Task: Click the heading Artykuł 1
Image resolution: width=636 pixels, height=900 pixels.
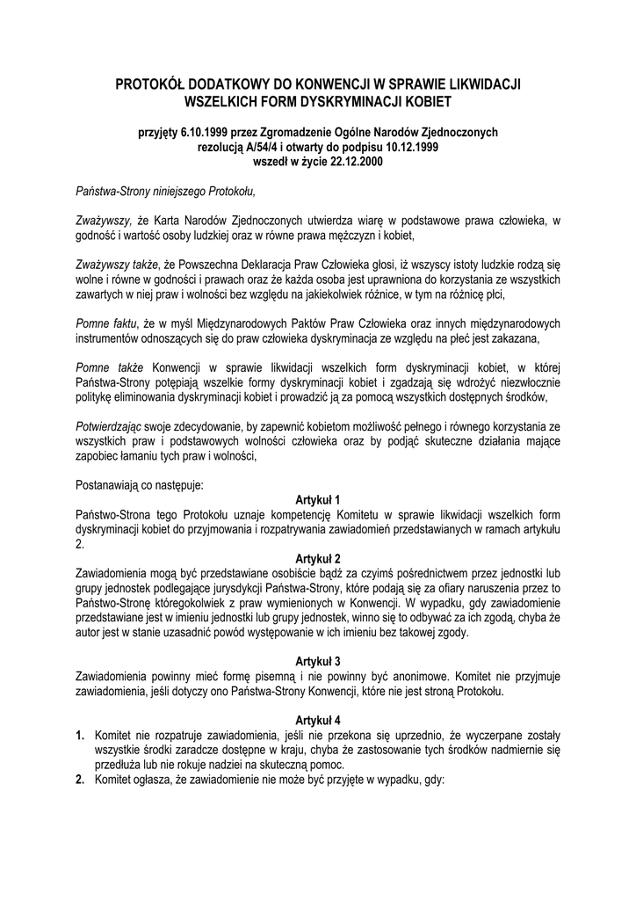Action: click(x=318, y=498)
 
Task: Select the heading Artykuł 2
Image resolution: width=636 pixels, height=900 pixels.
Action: click(x=318, y=558)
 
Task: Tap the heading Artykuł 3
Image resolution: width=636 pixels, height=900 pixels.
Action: click(x=318, y=660)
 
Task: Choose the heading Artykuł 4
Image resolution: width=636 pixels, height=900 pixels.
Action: click(x=318, y=718)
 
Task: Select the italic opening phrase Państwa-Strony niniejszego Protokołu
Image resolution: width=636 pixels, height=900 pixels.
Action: click(x=164, y=189)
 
